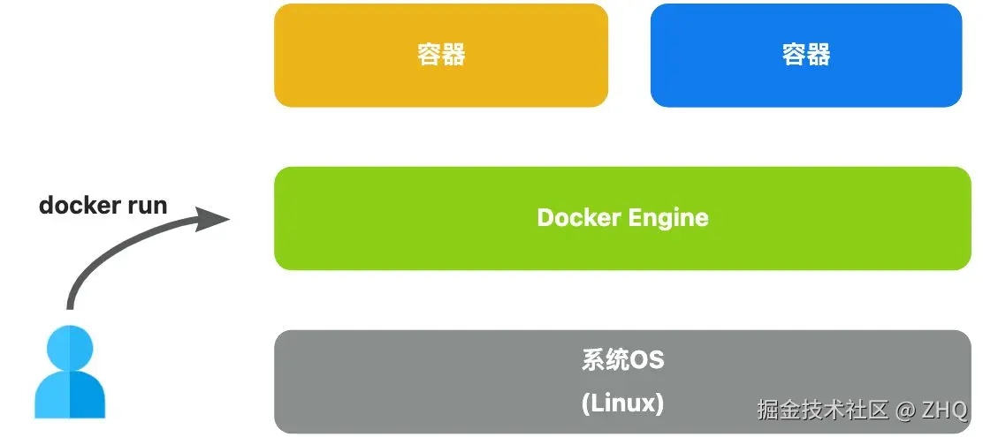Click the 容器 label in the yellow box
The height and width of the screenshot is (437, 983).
tap(441, 55)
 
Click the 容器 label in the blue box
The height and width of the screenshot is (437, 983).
tap(806, 55)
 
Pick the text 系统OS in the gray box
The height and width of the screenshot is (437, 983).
tap(622, 360)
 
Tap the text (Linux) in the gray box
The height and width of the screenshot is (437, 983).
tap(622, 403)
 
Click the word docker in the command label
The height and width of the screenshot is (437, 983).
tap(80, 205)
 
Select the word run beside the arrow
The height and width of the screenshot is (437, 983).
tap(147, 206)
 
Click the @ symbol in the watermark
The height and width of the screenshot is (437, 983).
tap(903, 410)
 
